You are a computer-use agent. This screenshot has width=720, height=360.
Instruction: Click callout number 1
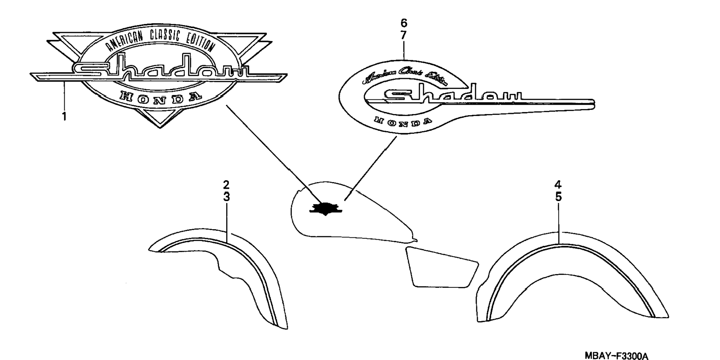coord(64,117)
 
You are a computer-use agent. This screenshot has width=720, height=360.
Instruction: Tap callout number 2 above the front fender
coord(226,185)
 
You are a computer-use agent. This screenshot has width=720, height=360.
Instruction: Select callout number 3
coord(226,197)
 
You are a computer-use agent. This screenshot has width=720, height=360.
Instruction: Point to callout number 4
coord(558,185)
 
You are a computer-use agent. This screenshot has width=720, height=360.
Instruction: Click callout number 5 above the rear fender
coord(558,197)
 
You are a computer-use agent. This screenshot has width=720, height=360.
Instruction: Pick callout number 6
coord(404,23)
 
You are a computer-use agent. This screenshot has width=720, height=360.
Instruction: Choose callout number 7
coord(404,36)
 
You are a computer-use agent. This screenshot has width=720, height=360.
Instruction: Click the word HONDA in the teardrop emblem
coord(403,121)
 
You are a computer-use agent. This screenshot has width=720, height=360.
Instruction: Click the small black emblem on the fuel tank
coord(326,209)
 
